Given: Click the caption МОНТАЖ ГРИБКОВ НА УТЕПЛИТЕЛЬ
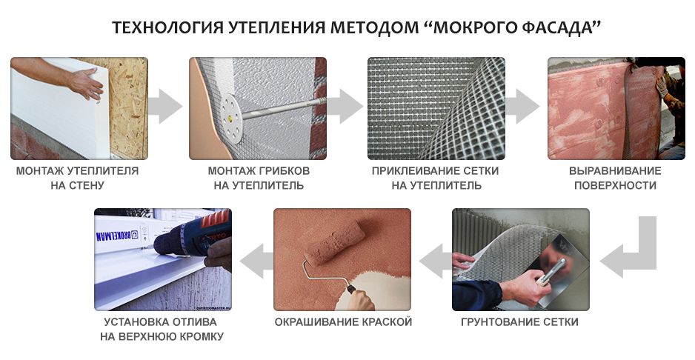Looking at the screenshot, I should pos(258,178).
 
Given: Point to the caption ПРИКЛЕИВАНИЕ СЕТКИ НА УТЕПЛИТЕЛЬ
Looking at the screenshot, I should pos(436,178).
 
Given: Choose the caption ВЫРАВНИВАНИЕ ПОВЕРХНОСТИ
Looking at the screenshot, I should pos(615,178).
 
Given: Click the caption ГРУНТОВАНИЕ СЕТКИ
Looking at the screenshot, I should pos(519,322).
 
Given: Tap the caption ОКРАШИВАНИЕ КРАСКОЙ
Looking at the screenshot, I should pos(343,322).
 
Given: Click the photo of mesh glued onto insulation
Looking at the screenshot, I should pos(436,108).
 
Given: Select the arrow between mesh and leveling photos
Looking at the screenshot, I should pos(525,108).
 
